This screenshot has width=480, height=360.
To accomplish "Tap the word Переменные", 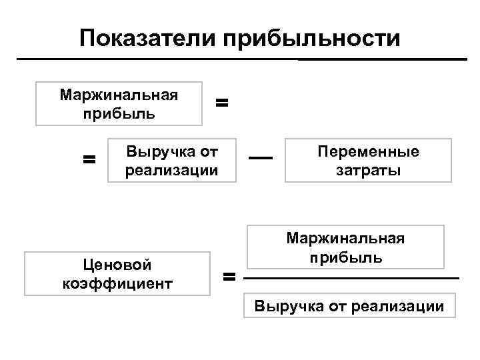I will click(369, 151).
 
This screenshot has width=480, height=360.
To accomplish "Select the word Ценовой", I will click(117, 265).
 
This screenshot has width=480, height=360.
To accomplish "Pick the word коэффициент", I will click(117, 283).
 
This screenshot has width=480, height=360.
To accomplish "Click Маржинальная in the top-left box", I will click(119, 94).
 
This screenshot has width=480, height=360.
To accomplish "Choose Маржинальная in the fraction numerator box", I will click(345, 238).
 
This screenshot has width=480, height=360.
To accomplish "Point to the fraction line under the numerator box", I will click(352, 277).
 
